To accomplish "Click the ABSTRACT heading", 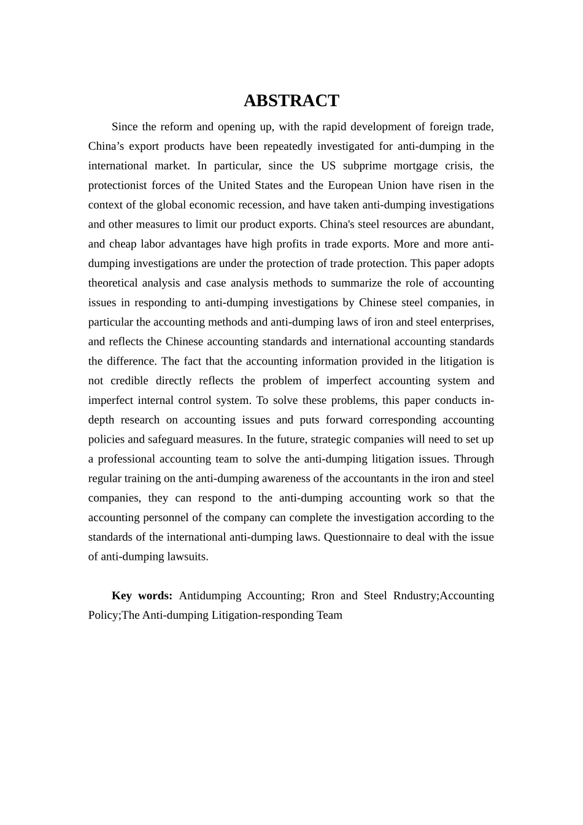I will tap(291, 101).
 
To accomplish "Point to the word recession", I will tap(259, 205).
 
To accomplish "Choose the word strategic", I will tap(340, 440).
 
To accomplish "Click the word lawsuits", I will tap(187, 557).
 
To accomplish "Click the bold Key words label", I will tap(142, 595).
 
